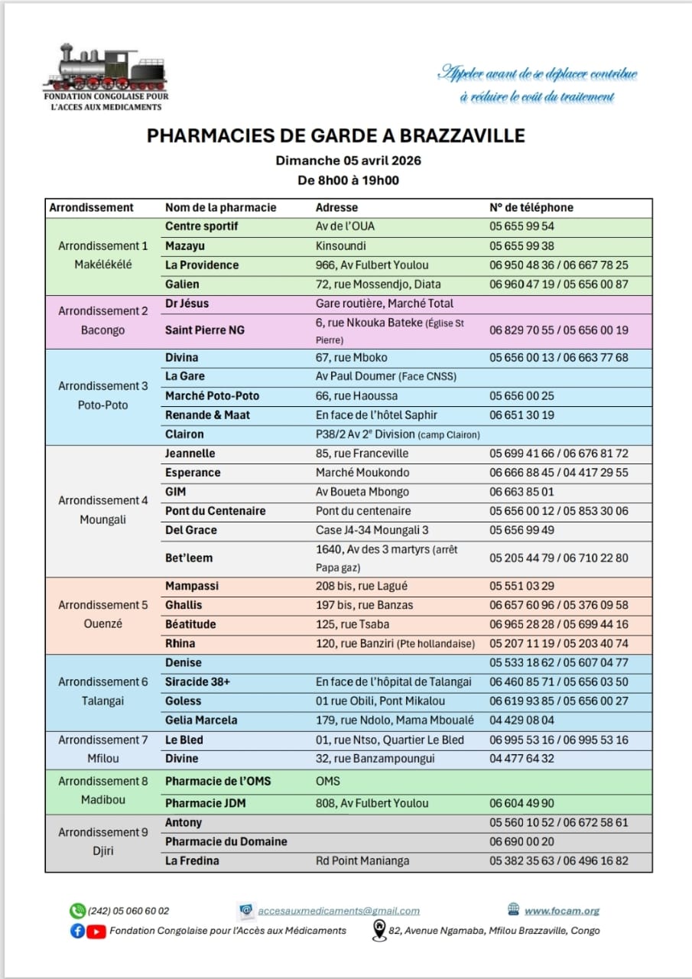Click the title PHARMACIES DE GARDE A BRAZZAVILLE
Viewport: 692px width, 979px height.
[x=336, y=136]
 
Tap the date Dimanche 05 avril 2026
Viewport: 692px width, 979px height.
[x=348, y=161]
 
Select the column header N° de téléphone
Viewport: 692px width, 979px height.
[x=531, y=207]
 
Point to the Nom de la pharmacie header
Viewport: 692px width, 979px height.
[x=220, y=207]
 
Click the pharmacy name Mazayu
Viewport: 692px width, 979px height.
[x=185, y=246]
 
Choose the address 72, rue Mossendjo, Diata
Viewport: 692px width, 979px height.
[x=378, y=285]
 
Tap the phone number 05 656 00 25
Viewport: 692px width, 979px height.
[x=521, y=395]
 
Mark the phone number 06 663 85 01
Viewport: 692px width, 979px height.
[x=521, y=492]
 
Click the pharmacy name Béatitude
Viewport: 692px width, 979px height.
[x=190, y=624]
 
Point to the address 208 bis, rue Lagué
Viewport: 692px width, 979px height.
[x=362, y=586]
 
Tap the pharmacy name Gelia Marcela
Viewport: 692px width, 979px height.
[x=201, y=720]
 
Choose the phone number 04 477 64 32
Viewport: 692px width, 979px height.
[x=521, y=759]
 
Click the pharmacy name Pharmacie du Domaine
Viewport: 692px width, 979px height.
[x=226, y=841]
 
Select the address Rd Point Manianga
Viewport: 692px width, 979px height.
[x=362, y=860]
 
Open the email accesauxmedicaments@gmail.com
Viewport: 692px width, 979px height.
[x=339, y=911]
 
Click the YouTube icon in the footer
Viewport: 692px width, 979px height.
[x=96, y=931]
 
